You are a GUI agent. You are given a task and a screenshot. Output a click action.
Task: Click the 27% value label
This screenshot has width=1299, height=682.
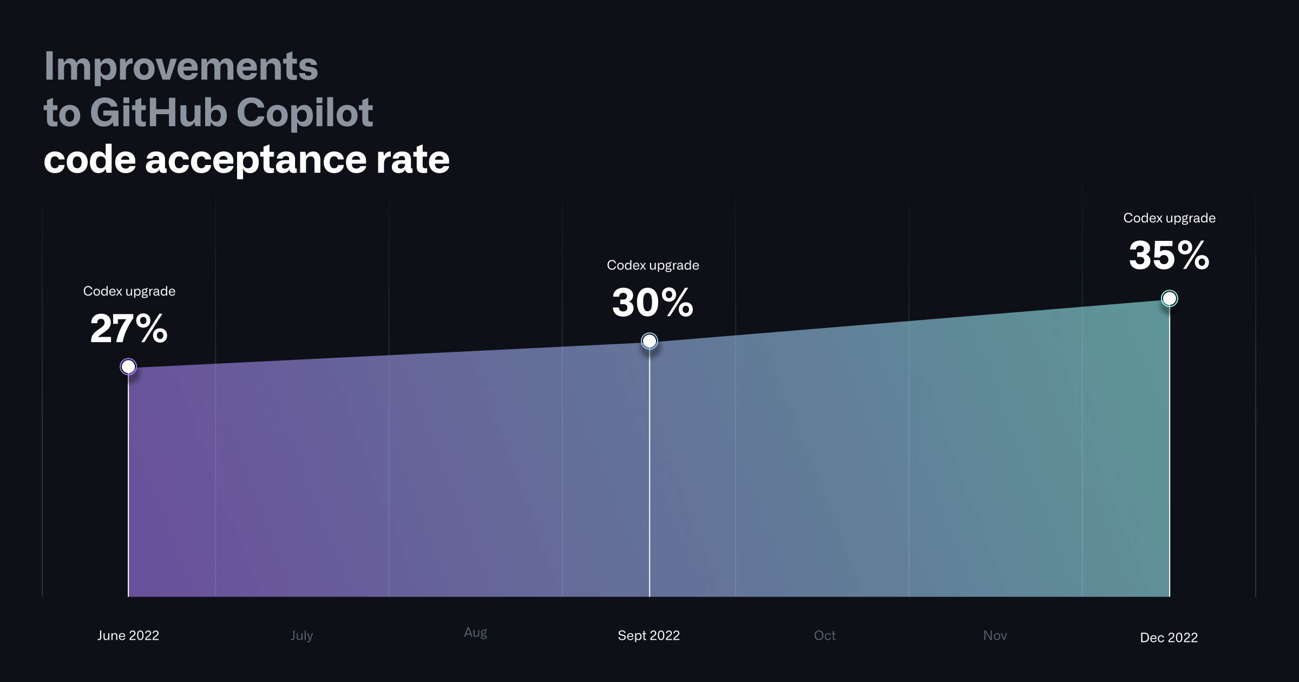129,329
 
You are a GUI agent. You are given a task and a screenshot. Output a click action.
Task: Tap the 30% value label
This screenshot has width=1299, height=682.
652,303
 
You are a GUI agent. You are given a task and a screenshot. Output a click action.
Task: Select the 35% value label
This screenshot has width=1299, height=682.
1169,255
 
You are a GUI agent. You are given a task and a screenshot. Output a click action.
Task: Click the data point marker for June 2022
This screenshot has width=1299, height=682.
128,367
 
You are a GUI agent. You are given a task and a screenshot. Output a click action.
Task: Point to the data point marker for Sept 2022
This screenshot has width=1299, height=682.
649,341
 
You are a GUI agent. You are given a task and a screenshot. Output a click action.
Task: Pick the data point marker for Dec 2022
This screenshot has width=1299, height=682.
1169,298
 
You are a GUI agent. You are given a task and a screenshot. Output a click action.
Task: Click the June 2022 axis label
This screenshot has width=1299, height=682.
128,635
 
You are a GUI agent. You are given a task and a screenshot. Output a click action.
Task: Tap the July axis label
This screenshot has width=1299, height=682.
301,635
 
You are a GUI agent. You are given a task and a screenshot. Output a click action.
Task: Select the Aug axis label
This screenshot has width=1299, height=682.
475,632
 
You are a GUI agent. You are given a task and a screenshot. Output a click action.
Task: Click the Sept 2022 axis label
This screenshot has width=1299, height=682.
648,635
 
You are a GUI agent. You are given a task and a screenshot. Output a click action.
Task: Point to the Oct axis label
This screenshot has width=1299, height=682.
824,635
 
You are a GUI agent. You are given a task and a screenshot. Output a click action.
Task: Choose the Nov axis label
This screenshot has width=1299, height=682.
995,635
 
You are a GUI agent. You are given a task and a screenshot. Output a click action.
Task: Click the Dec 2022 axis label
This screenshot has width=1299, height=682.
1169,638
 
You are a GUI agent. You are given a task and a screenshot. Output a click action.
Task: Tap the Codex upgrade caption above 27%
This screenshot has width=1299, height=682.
129,291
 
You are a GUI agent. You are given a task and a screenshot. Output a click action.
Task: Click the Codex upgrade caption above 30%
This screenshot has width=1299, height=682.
653,265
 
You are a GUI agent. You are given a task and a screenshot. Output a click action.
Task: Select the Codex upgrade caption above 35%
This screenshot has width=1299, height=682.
1169,218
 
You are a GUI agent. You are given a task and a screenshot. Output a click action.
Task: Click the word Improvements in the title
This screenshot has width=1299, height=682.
181,67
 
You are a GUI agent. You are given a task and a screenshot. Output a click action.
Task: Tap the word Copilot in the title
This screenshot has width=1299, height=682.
304,113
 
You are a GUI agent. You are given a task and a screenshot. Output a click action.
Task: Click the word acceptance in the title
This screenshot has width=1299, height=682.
255,160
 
